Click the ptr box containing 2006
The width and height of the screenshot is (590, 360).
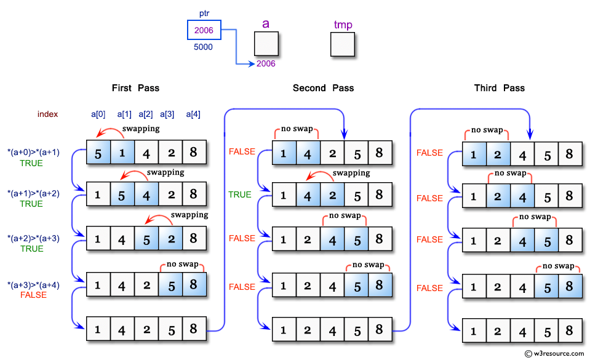click(x=204, y=30)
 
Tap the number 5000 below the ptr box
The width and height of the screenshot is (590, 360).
click(x=204, y=47)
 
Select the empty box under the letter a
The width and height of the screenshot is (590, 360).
click(x=266, y=44)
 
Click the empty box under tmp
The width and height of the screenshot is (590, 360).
click(x=342, y=44)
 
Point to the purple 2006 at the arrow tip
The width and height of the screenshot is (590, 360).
click(x=266, y=64)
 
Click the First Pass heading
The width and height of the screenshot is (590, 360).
click(x=135, y=88)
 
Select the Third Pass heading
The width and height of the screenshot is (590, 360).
click(x=499, y=88)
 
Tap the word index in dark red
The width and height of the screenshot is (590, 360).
click(x=48, y=114)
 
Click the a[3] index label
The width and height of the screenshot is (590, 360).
click(x=167, y=114)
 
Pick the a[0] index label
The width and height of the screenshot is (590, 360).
click(x=98, y=114)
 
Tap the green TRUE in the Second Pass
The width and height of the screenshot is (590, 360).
click(x=240, y=194)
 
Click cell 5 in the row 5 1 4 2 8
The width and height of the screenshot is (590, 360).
click(x=98, y=151)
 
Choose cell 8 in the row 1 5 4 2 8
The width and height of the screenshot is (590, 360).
click(x=193, y=194)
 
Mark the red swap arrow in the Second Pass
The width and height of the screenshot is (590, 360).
click(x=318, y=178)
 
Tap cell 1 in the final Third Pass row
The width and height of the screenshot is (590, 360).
click(x=474, y=331)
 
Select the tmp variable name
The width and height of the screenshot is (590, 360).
click(x=343, y=24)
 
